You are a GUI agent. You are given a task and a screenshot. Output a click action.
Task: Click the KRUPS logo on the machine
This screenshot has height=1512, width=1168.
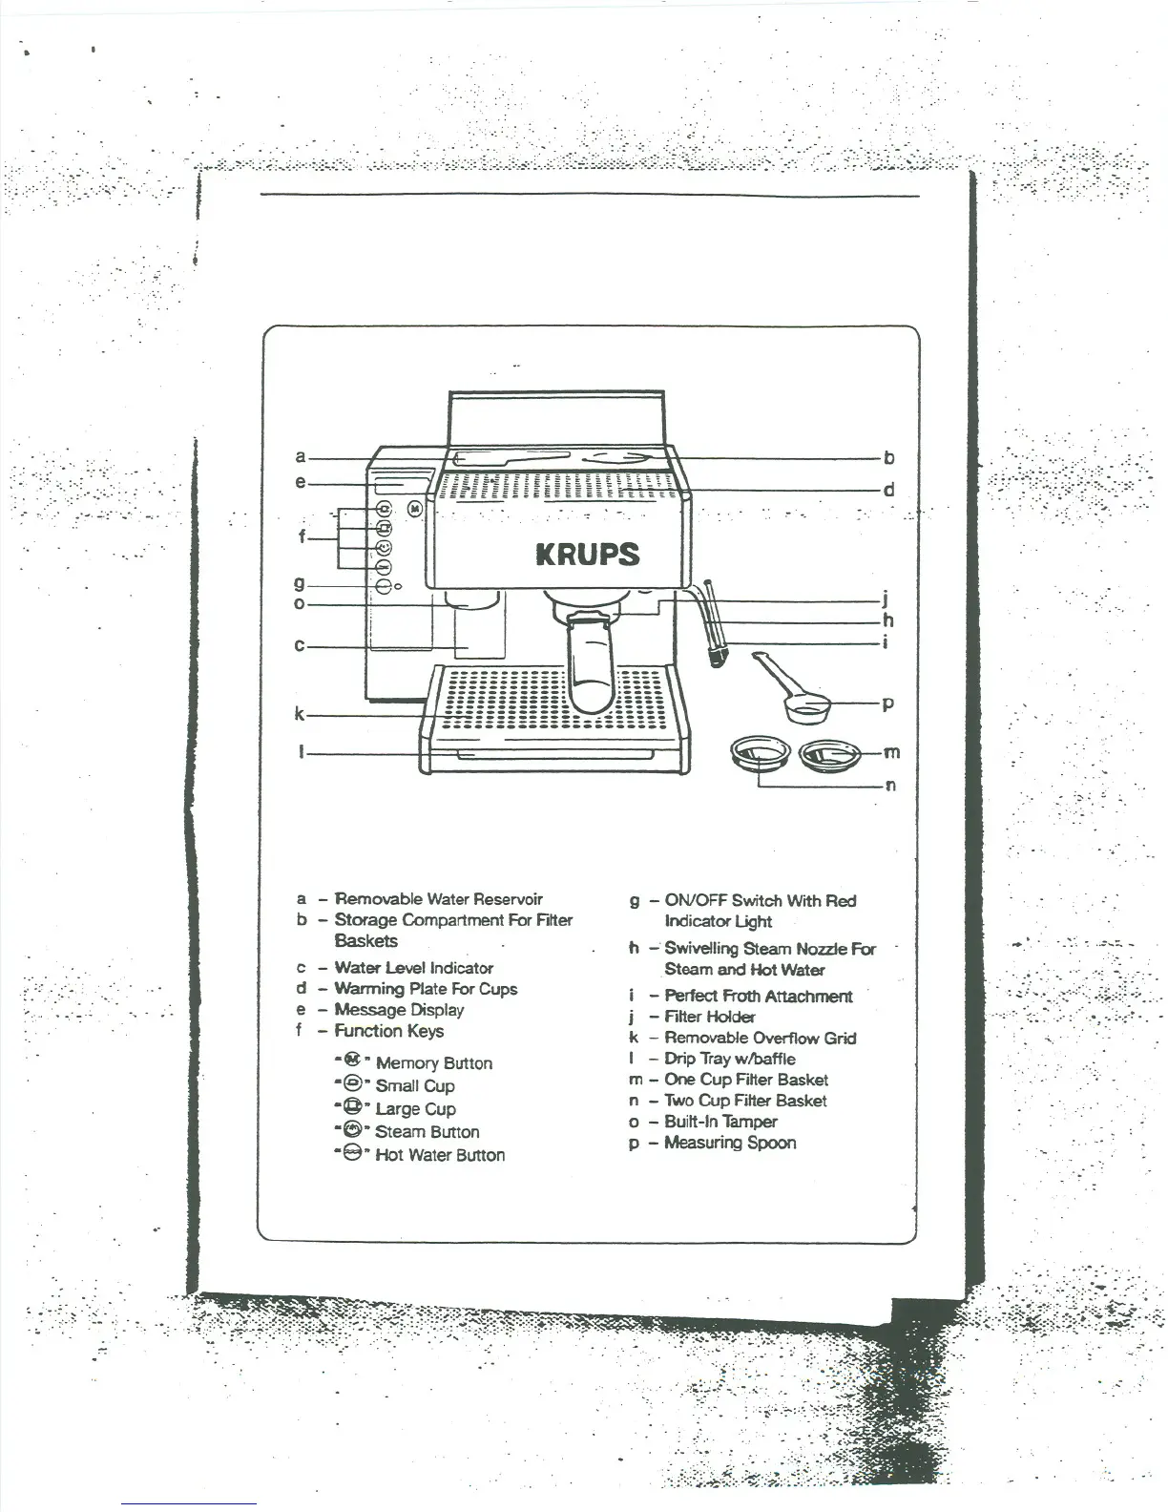[x=586, y=555]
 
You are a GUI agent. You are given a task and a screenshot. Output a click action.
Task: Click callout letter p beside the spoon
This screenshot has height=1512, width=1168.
[x=887, y=704]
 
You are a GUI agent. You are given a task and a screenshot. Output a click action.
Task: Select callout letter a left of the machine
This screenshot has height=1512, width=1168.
[x=301, y=457]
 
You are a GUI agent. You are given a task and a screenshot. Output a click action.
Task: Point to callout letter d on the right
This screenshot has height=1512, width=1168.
[x=888, y=491]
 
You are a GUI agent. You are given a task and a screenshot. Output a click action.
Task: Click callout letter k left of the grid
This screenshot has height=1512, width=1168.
[x=300, y=714]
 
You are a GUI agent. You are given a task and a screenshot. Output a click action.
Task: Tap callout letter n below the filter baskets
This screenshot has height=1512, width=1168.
[x=890, y=786]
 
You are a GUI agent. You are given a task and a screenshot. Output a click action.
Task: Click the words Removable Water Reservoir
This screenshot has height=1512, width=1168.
[x=438, y=899]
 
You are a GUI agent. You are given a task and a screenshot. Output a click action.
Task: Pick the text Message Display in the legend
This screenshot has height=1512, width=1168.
[x=399, y=1010]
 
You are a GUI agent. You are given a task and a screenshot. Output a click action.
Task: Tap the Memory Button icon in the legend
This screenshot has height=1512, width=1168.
[x=352, y=1060]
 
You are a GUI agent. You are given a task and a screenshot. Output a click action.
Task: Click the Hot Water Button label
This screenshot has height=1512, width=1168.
[x=440, y=1155]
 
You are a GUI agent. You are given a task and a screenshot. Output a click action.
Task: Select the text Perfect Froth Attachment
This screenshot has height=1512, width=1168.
[x=759, y=997]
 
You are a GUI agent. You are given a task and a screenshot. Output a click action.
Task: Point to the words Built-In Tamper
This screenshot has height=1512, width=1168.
[x=720, y=1122]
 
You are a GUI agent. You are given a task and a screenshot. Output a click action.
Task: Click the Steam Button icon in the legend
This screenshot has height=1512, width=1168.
[x=352, y=1130]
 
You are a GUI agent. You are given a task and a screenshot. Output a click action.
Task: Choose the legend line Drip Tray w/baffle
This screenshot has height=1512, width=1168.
[x=729, y=1059]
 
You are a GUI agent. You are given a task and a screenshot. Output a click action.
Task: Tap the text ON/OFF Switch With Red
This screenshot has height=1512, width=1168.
[x=761, y=901]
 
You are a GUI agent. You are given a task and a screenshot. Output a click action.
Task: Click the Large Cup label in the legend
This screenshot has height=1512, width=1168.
[x=415, y=1109]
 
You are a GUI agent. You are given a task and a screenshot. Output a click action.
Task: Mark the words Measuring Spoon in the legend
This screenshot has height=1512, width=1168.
[x=730, y=1143]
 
